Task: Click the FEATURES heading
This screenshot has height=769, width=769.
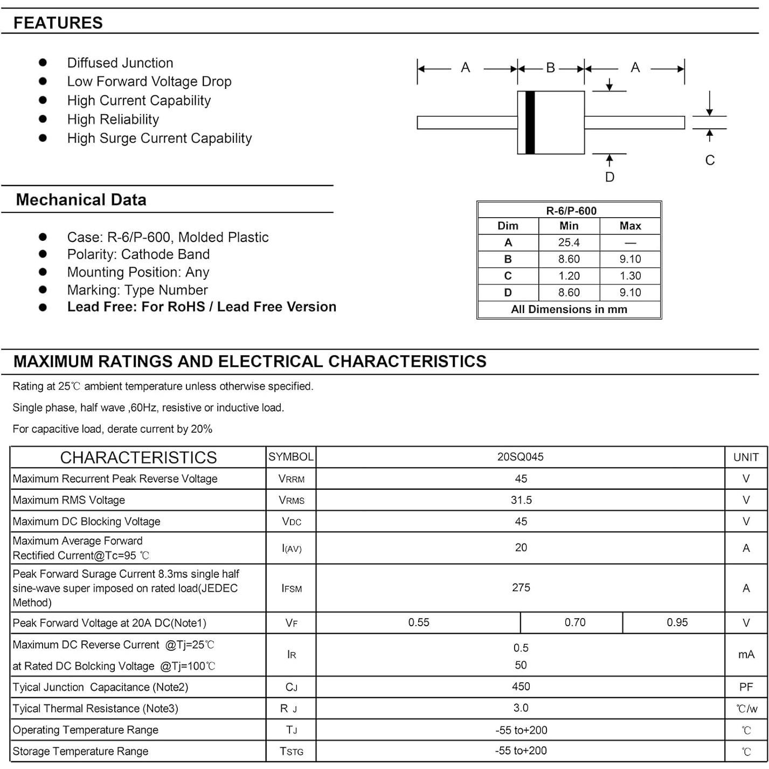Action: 58,23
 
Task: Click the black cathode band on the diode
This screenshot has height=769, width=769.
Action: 530,122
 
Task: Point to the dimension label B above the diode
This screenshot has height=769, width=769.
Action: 550,68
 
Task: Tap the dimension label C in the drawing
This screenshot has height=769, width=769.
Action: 710,160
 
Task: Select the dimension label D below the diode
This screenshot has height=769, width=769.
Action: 609,177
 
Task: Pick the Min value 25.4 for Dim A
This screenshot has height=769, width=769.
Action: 569,243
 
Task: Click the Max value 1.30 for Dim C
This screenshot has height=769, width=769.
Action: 630,276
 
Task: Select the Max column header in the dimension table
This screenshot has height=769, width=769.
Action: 630,226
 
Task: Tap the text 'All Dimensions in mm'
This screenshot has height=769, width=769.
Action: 569,309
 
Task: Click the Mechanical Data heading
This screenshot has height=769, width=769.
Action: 81,200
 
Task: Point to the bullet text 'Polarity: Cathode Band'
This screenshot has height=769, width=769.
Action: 138,254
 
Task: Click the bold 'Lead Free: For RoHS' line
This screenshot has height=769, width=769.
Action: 201,307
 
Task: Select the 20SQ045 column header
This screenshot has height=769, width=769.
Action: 520,457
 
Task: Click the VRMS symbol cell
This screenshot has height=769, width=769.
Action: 291,500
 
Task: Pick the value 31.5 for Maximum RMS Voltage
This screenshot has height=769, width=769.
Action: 521,500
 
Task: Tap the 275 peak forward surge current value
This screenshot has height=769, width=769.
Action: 521,587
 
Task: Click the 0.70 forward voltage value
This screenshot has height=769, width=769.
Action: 574,622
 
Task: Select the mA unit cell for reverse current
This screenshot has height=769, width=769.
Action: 746,654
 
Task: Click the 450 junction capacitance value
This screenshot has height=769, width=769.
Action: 521,687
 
